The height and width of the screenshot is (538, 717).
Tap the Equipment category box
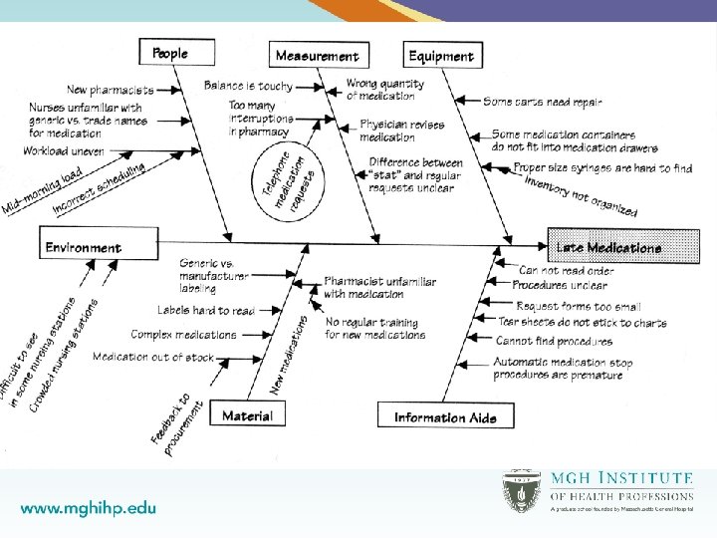(x=441, y=56)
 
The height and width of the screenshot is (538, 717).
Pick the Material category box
(x=247, y=414)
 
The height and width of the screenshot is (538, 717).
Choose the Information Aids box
(x=445, y=417)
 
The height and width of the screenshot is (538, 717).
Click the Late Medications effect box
(x=608, y=247)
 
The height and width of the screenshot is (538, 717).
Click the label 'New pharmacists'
(x=111, y=91)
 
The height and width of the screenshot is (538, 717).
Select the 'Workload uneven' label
(x=64, y=151)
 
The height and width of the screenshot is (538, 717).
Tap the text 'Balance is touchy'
(x=248, y=86)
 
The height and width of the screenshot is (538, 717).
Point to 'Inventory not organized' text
(x=581, y=196)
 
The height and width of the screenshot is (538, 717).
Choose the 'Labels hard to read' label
(x=206, y=311)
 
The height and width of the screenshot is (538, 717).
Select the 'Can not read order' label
(x=567, y=270)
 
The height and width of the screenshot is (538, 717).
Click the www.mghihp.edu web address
(x=89, y=507)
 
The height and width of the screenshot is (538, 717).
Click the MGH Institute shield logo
(x=521, y=491)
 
